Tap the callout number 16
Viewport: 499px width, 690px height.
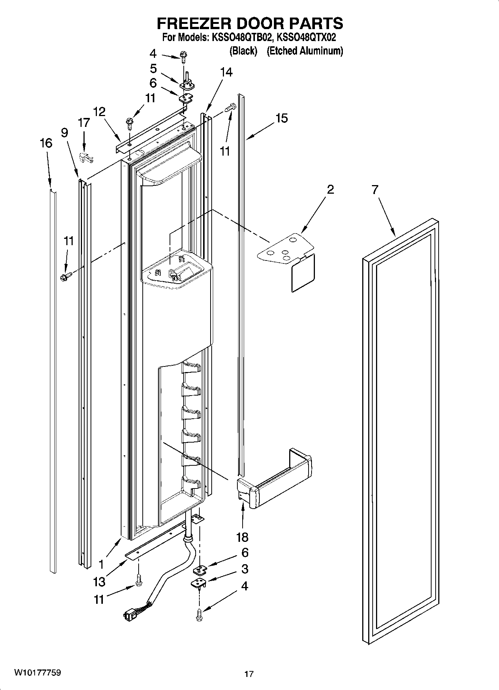click(46, 143)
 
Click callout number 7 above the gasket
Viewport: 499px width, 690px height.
click(375, 190)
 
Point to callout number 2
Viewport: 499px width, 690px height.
click(330, 190)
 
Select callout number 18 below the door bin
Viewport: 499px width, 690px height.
click(242, 537)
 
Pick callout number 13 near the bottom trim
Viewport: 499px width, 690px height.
click(100, 581)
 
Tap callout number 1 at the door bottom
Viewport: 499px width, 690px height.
click(101, 562)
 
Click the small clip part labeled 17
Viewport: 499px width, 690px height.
click(86, 158)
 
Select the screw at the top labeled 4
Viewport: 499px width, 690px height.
click(183, 55)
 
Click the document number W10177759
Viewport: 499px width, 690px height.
click(38, 673)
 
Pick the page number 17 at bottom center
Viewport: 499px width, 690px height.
click(249, 674)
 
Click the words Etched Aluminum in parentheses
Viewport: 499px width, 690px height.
click(305, 51)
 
